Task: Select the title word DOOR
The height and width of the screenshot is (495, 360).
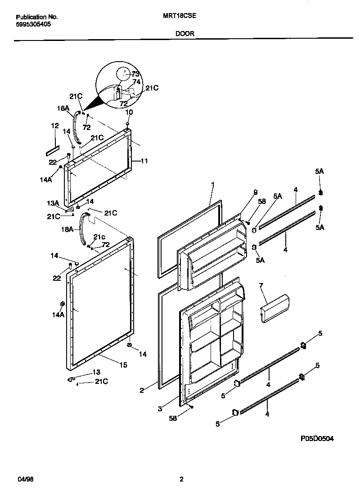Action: point(184,33)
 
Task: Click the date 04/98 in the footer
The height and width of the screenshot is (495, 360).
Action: point(27,479)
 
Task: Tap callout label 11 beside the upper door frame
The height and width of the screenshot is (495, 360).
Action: point(144,161)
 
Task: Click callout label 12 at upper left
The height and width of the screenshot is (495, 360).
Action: point(54,126)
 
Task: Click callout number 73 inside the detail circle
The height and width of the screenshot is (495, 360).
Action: point(135,74)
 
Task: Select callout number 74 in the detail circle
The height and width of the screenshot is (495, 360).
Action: point(137,82)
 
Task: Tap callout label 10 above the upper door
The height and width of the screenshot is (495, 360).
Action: point(129,112)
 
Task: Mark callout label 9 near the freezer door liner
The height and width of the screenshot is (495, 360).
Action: point(255,192)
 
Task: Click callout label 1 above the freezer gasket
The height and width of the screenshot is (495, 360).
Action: point(212,184)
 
